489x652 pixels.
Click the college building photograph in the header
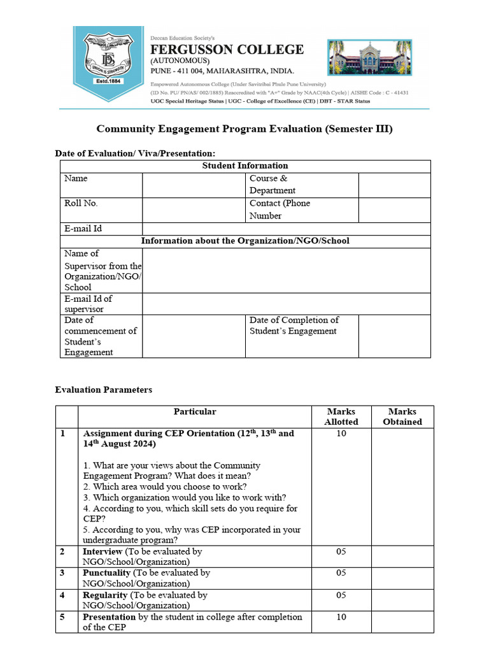tap(369, 57)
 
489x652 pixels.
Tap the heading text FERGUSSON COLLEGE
tap(227, 50)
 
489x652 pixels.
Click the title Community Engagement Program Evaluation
tap(244, 129)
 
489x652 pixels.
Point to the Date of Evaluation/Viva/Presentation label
tap(135, 153)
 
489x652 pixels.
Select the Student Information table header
tap(245, 166)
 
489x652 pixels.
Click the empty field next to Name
tap(194, 185)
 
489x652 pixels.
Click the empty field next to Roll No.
tap(194, 209)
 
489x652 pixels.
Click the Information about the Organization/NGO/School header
tap(245, 241)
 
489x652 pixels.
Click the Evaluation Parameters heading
tap(104, 390)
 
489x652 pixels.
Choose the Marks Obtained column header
tap(402, 416)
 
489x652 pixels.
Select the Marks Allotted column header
tap(341, 416)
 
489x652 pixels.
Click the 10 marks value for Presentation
tap(341, 617)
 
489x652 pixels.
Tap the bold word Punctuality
tap(104, 573)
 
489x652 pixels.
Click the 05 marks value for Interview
tap(341, 551)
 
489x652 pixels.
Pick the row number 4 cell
tap(63, 595)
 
